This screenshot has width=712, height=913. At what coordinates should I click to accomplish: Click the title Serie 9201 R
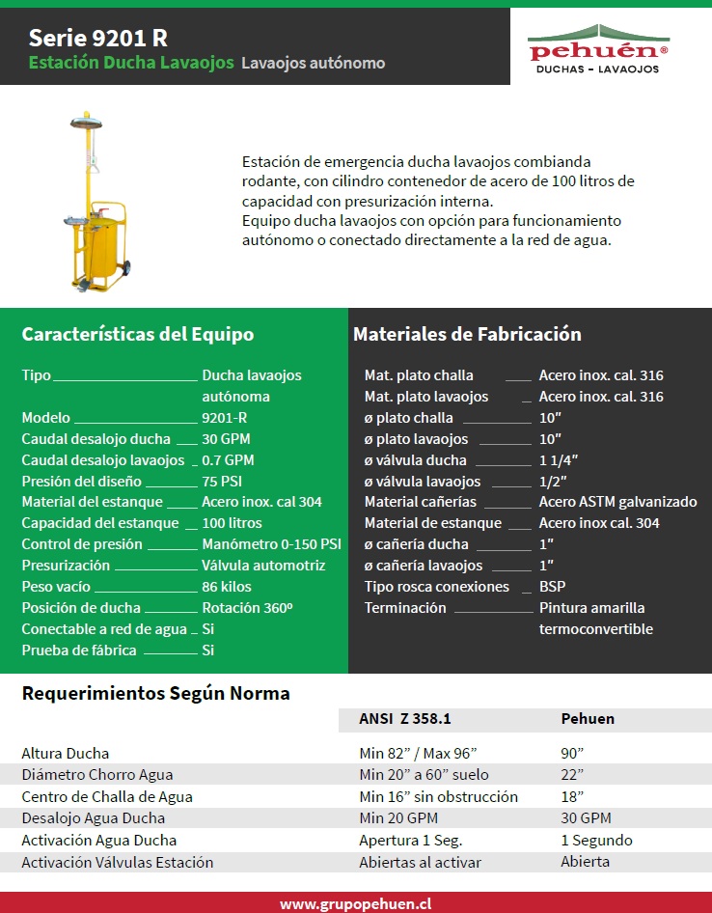pyautogui.click(x=97, y=38)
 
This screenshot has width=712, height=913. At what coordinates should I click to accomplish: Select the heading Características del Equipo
pyautogui.click(x=138, y=334)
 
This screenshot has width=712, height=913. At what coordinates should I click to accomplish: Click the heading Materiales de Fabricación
pyautogui.click(x=467, y=334)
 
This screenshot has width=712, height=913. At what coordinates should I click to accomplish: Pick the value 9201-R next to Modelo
pyautogui.click(x=224, y=418)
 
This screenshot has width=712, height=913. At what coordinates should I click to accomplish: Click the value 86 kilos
pyautogui.click(x=227, y=587)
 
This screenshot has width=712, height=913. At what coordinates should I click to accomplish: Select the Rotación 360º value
pyautogui.click(x=247, y=608)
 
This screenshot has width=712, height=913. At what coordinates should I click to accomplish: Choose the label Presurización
pyautogui.click(x=66, y=566)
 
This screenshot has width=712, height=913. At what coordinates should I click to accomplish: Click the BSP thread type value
pyautogui.click(x=552, y=587)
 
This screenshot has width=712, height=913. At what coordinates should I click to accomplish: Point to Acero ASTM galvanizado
pyautogui.click(x=617, y=502)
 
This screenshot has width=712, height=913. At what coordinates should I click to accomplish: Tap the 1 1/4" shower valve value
pyautogui.click(x=559, y=460)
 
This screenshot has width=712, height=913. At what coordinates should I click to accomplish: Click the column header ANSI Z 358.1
pyautogui.click(x=405, y=718)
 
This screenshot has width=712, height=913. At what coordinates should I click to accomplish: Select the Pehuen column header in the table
pyautogui.click(x=588, y=718)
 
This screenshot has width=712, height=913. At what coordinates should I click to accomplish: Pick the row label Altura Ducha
pyautogui.click(x=66, y=753)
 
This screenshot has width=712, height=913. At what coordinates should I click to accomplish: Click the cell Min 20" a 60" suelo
pyautogui.click(x=424, y=774)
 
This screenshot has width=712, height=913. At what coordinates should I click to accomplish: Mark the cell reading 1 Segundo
pyautogui.click(x=596, y=840)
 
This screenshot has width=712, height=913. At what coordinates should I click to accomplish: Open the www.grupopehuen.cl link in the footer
pyautogui.click(x=355, y=903)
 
